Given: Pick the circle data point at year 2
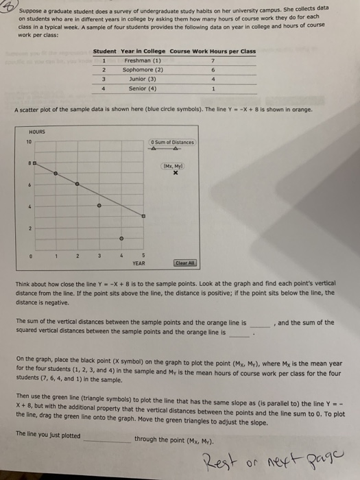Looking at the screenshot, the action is click(x=77, y=184).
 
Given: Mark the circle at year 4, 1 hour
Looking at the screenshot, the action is click(x=121, y=239).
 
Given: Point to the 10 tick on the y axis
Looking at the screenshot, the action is click(x=29, y=141).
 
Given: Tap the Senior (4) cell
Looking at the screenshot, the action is click(x=143, y=87).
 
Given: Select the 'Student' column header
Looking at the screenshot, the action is click(x=104, y=51).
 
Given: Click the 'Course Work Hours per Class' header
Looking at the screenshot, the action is click(x=213, y=51).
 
